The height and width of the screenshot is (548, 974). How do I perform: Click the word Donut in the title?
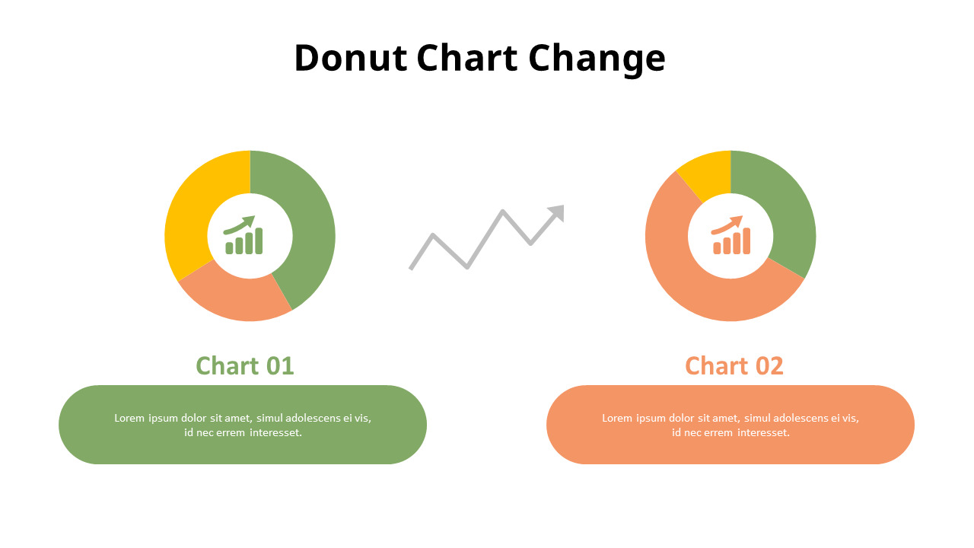pos(350,59)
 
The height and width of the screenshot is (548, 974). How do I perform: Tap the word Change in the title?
pos(597,59)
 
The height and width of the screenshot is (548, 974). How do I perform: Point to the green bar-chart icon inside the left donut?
pos(243,235)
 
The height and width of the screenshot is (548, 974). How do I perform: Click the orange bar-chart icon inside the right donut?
pos(730,235)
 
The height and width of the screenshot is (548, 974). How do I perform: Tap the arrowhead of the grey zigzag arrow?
pos(557,212)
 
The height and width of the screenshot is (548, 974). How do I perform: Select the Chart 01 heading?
pos(244,366)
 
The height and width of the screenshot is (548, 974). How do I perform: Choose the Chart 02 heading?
pos(734,366)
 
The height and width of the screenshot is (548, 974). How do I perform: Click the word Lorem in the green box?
pos(129,418)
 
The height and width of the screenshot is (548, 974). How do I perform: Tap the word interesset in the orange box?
pos(763,432)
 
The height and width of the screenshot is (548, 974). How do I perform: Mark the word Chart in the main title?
pos(467,59)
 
